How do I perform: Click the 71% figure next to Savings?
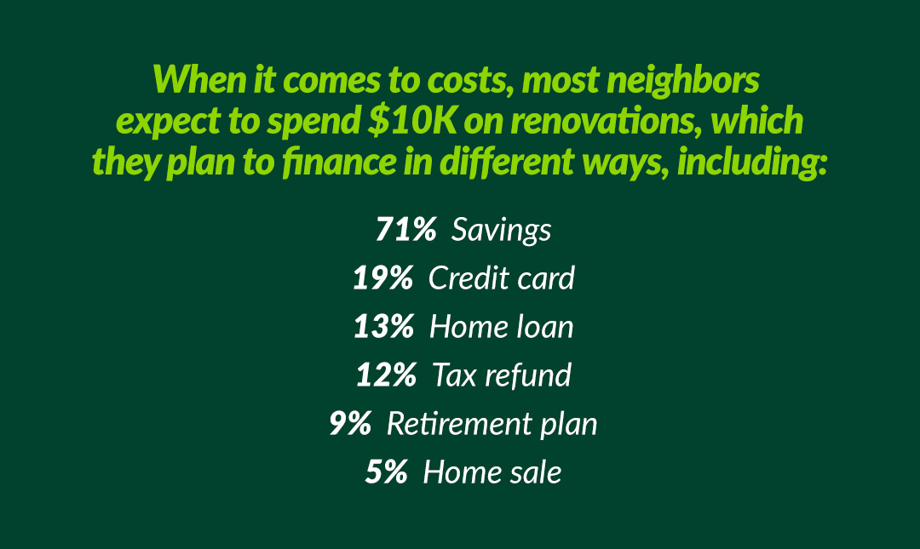pos(406,229)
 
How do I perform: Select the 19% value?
pos(383,277)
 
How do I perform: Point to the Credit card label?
pos(501,277)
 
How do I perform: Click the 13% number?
pos(383,326)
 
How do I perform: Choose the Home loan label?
pos(501,326)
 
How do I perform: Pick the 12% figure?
pos(386,375)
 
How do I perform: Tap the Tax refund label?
pos(502,375)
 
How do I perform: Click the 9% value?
pos(350,424)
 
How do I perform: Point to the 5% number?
pos(386,472)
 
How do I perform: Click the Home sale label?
pos(492,472)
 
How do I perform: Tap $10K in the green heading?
pos(412,121)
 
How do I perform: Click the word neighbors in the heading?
pos(683,81)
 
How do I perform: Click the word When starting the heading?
pos(199,79)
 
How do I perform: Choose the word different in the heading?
pos(507,162)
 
